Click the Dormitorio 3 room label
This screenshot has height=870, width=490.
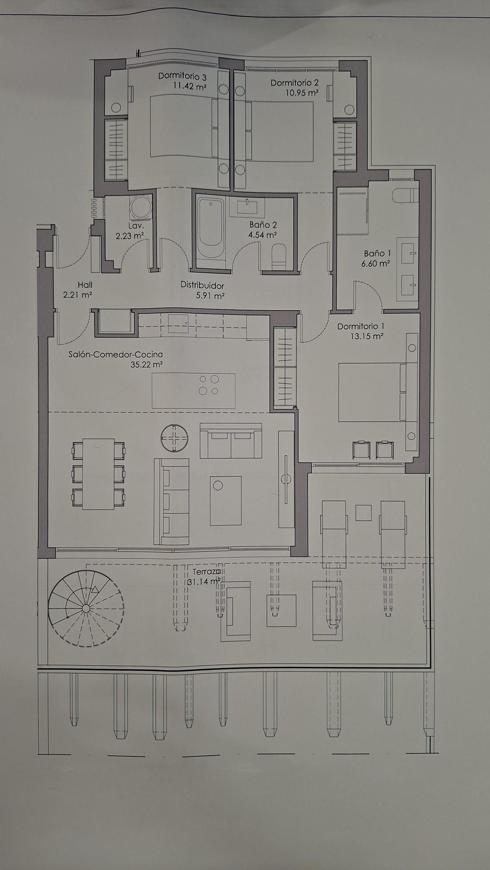pos(182,76)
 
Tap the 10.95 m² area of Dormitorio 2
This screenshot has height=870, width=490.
pos(302,93)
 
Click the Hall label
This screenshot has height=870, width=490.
pos(85,284)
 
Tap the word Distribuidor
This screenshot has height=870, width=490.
pos(202,285)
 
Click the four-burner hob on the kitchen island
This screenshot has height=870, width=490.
pos(208,385)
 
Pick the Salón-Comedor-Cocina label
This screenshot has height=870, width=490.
pos(115,354)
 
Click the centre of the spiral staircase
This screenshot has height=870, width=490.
pos(86,608)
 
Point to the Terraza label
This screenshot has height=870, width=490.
pos(205,571)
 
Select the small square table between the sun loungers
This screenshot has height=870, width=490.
pos(363,512)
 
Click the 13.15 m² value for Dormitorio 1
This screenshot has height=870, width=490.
pos(366,336)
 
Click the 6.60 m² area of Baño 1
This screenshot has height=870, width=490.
pos(375,263)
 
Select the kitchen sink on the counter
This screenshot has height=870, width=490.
pos(178,321)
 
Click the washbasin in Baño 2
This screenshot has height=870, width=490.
pos(247,208)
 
